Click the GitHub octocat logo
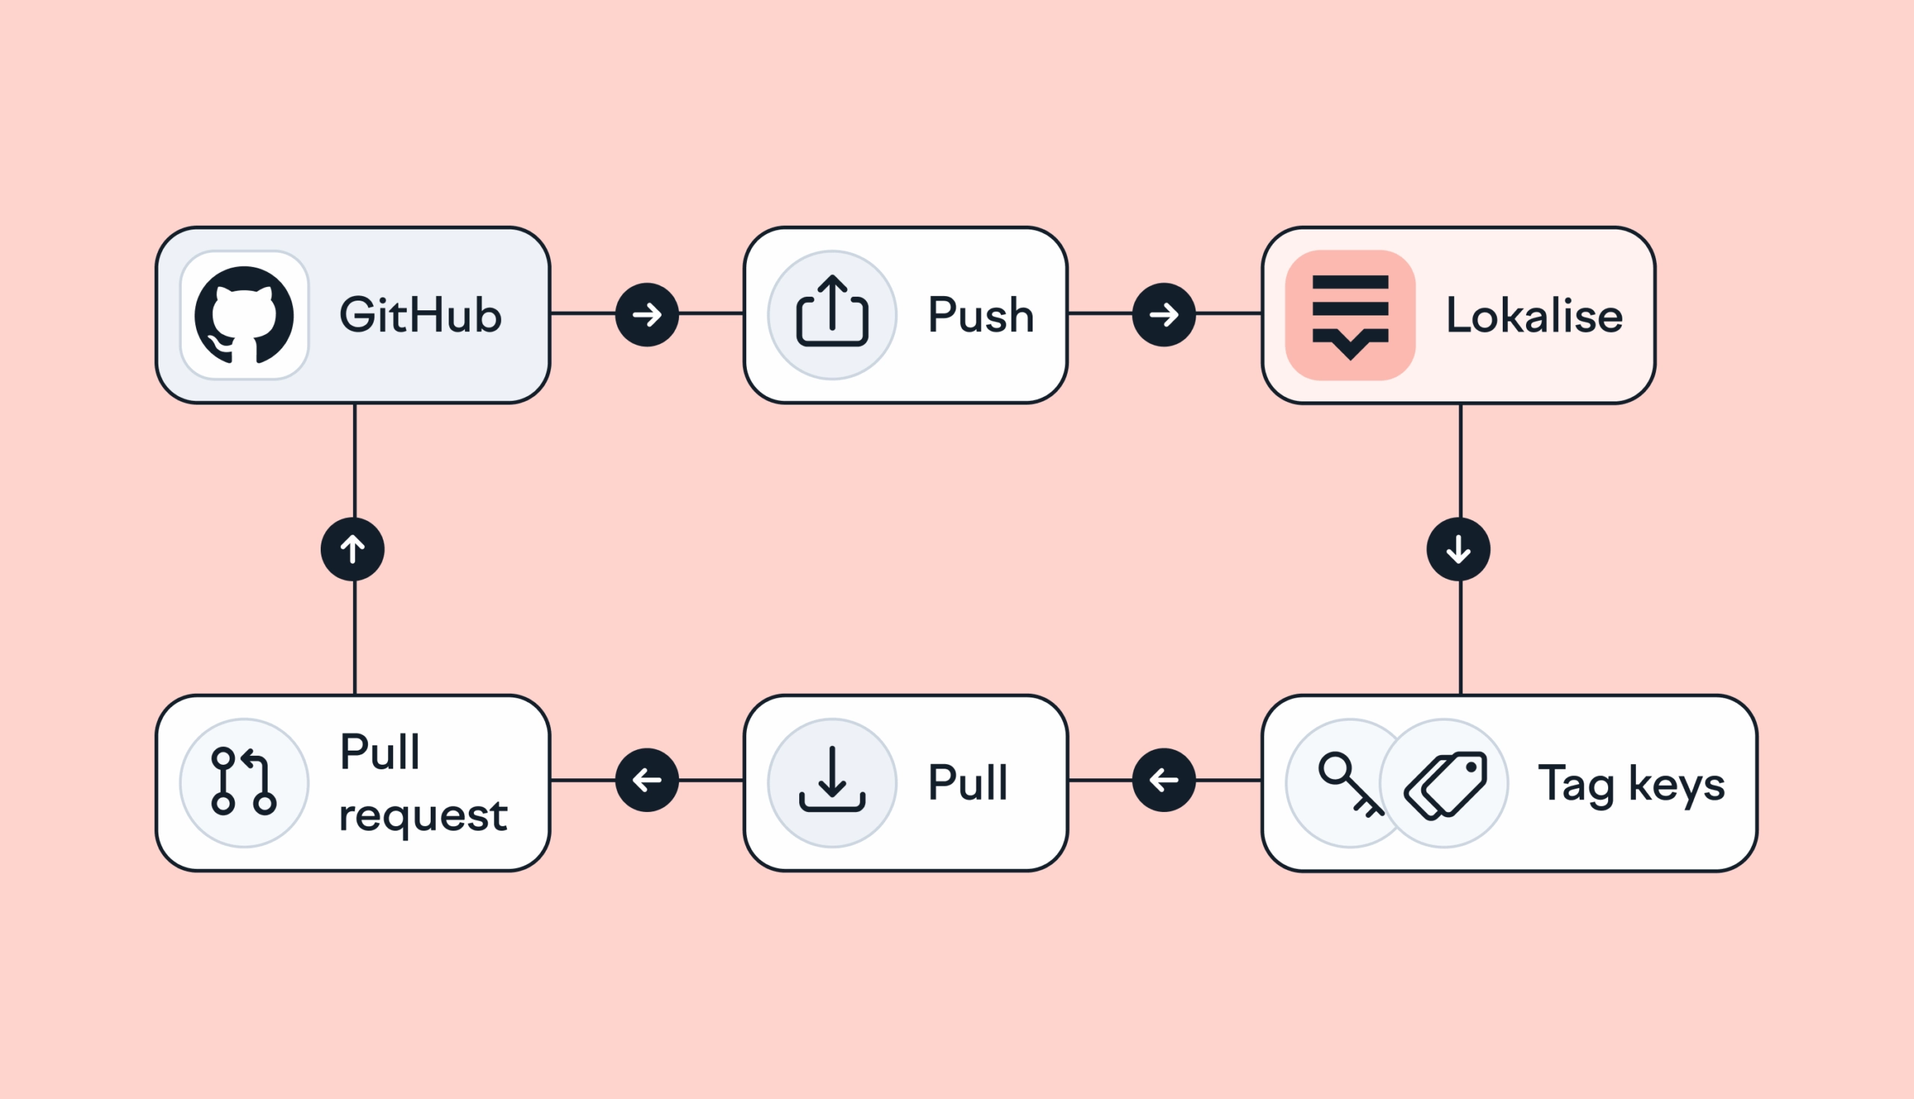click(x=244, y=315)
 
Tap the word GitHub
click(x=420, y=315)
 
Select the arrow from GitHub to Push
click(x=647, y=315)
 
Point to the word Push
click(x=980, y=315)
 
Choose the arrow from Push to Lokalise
click(x=1164, y=315)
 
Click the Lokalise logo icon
click(x=1350, y=315)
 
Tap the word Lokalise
click(x=1534, y=315)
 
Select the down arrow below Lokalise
click(x=1458, y=549)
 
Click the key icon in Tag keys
click(x=1347, y=784)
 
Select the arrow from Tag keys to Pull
click(x=1164, y=780)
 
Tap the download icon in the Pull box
click(x=831, y=780)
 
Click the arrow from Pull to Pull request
click(x=647, y=780)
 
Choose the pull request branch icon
click(x=243, y=781)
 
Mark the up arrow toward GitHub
click(x=352, y=549)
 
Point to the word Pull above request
click(x=380, y=752)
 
